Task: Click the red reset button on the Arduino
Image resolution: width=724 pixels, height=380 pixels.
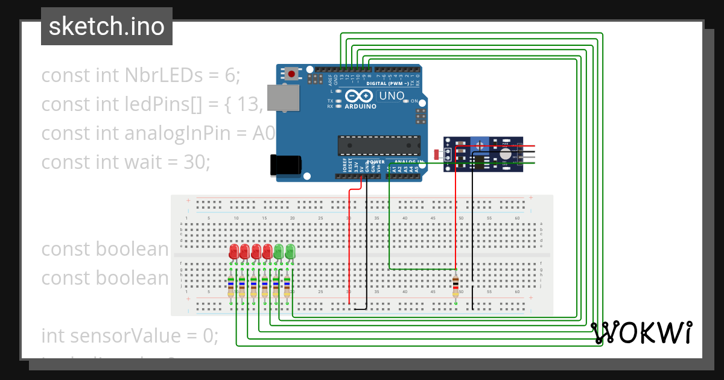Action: click(x=292, y=74)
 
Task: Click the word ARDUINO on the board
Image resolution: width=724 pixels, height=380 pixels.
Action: click(x=360, y=106)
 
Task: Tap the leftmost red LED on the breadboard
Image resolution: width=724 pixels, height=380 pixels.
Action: click(x=233, y=251)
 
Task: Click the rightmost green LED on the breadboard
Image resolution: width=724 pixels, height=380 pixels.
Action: click(x=290, y=251)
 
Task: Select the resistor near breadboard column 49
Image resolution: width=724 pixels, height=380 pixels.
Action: click(x=456, y=285)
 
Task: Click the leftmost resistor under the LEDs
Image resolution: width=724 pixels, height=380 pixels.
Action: click(x=231, y=285)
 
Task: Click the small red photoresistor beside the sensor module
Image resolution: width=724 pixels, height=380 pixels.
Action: click(x=437, y=154)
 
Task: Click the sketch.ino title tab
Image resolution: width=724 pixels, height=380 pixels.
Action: click(x=107, y=27)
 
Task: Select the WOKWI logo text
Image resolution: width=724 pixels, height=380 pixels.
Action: click(x=641, y=332)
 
